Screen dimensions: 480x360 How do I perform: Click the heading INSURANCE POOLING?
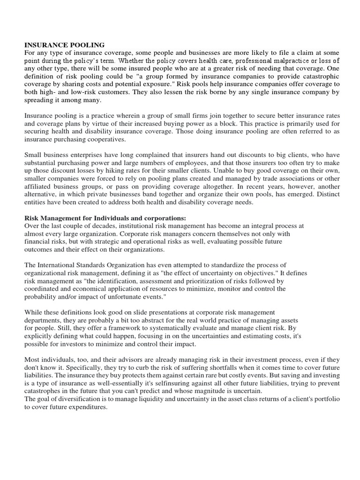pyautogui.click(x=64, y=45)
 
